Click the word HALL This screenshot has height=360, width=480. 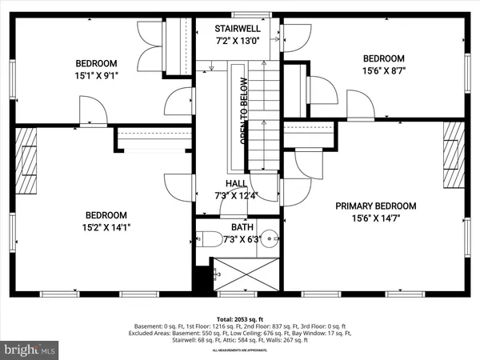[236, 184]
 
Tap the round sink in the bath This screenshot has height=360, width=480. [270, 237]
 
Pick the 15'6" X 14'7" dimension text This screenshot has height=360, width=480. [373, 215]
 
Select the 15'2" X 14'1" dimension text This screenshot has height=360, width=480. [107, 227]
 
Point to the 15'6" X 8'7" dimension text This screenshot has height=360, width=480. [384, 70]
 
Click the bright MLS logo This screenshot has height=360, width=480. [30, 349]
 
